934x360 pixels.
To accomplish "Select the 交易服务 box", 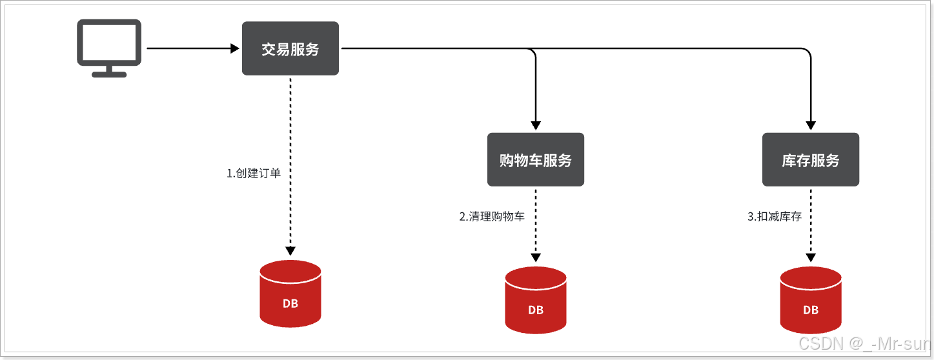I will pos(290,48).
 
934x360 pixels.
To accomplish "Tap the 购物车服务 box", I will pos(536,160).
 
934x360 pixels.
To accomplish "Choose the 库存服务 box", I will pos(811,160).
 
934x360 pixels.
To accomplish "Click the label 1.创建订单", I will pos(254,174).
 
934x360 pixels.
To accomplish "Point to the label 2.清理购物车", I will pos(492,217).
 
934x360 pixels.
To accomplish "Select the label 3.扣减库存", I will pos(775,217).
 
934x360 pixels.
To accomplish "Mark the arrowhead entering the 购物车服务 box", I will pos(536,126).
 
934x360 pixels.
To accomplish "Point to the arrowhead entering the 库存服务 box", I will pos(811,126).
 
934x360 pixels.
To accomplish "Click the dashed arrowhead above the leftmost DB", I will pos(290,250).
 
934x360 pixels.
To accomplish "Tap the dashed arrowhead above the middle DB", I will pos(536,257).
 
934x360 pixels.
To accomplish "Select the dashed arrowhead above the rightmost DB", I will pos(811,257).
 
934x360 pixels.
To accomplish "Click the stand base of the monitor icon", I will pos(108,74).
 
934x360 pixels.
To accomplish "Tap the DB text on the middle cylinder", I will pos(536,310).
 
